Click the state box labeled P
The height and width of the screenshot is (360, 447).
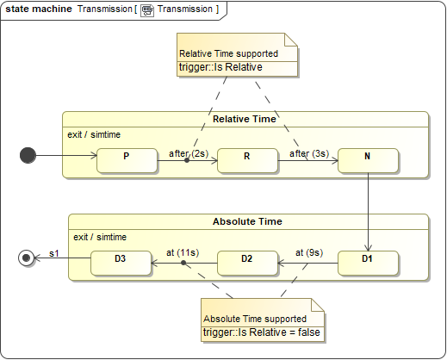click(127, 160)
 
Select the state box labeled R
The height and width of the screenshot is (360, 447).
click(248, 160)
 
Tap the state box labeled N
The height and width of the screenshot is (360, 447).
click(368, 160)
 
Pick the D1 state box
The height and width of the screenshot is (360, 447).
click(368, 263)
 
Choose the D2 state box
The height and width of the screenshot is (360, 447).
click(247, 263)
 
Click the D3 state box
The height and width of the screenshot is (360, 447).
click(121, 263)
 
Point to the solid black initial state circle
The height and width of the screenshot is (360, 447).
click(28, 155)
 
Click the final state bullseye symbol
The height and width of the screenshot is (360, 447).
click(26, 258)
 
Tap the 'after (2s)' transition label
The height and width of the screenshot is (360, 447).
click(189, 153)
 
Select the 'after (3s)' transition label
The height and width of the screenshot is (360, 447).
click(309, 153)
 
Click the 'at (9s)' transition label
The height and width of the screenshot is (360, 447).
click(309, 252)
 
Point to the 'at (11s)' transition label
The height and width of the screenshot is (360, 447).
click(183, 252)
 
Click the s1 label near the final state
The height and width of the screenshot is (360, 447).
click(54, 253)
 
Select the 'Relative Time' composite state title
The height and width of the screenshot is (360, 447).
click(245, 119)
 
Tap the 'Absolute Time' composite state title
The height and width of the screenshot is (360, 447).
click(247, 221)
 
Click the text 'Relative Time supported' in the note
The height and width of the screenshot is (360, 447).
click(228, 53)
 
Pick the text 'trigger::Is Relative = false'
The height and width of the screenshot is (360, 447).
click(262, 332)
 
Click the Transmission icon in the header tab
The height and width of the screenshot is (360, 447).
click(147, 10)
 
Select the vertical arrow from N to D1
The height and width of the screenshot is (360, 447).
click(368, 212)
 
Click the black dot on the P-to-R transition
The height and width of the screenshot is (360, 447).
click(187, 160)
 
